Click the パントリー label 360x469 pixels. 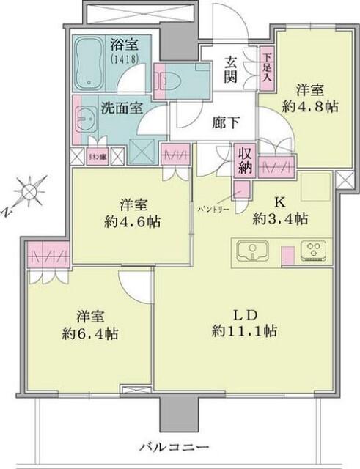click(213, 209)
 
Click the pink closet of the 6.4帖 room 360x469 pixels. click(48, 258)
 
